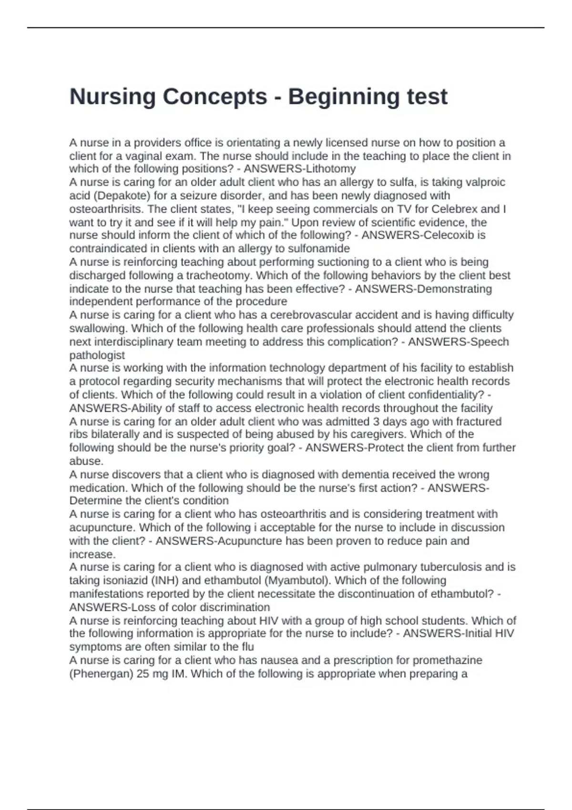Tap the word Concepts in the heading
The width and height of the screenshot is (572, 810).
214,97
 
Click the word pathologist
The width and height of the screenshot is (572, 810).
97,355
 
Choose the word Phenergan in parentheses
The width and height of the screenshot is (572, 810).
102,674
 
